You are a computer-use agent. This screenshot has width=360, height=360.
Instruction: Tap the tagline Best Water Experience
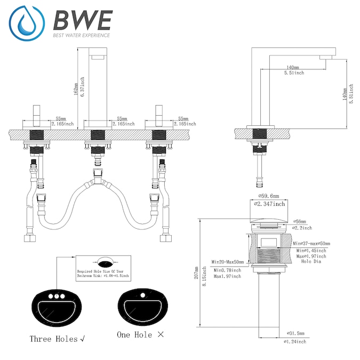click(81, 36)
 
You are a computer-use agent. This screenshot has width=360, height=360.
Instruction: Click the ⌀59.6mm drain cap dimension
click(268, 196)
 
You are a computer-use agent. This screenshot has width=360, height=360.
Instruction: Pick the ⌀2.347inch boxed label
click(269, 204)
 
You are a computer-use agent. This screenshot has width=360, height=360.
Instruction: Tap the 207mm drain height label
click(197, 274)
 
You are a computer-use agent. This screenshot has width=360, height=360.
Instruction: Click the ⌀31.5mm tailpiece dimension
click(297, 333)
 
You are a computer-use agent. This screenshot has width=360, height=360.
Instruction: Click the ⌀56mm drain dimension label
click(300, 221)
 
